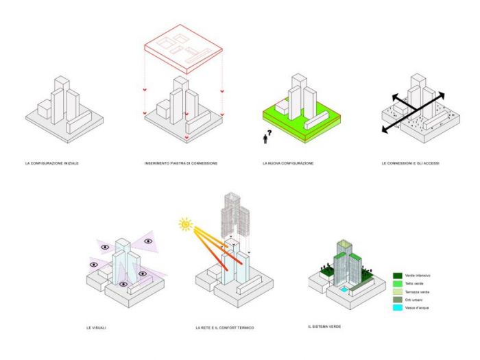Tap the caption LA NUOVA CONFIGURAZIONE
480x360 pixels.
coord(288,163)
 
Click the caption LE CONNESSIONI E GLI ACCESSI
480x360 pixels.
coord(410,163)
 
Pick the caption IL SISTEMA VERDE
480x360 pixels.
coord(324,326)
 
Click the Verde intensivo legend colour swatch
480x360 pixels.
coord(397,275)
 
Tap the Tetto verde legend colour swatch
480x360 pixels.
coord(397,283)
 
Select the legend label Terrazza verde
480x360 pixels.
coord(418,291)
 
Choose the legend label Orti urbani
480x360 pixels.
coord(416,300)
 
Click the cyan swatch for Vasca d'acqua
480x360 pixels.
coord(397,308)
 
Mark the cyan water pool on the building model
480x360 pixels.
coord(346,290)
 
